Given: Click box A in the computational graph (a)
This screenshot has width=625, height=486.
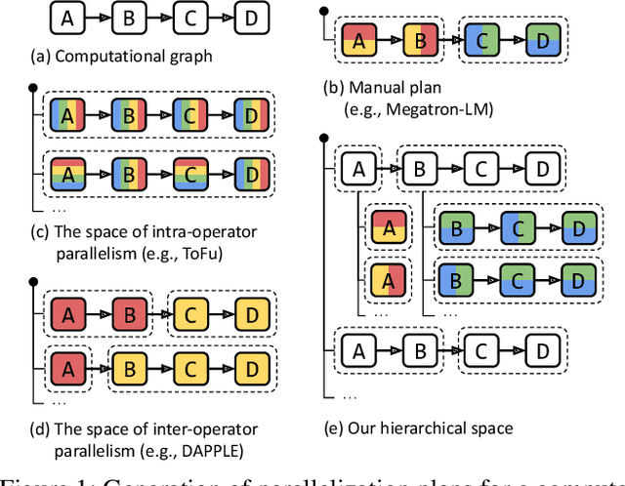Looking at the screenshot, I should point(66,19).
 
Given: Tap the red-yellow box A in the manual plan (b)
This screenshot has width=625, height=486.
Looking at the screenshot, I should point(358,41).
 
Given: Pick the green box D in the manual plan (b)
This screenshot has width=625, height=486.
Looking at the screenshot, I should point(538,41).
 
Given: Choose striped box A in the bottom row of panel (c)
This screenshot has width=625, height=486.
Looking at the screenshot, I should point(66,176).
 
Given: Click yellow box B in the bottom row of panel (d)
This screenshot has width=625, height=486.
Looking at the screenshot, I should point(127,370).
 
